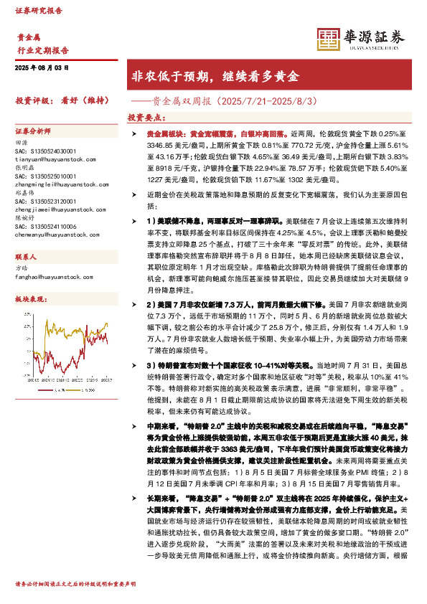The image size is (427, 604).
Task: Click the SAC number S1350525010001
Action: pos(45,176)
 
